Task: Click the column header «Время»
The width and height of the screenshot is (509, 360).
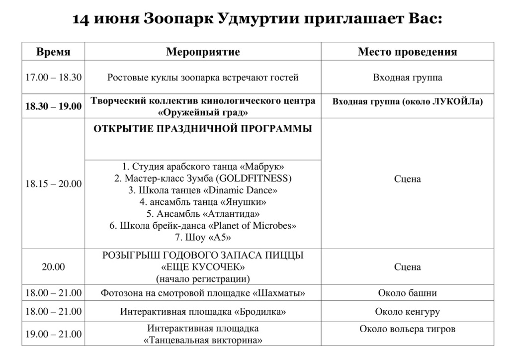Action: click(x=53, y=52)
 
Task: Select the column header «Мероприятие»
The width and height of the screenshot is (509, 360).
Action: click(x=203, y=52)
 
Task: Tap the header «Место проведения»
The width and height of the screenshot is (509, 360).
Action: click(x=407, y=52)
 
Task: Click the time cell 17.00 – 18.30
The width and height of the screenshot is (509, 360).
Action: click(x=53, y=78)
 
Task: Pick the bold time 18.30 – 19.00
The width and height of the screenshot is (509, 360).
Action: click(x=53, y=106)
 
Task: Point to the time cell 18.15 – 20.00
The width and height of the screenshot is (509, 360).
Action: click(x=53, y=184)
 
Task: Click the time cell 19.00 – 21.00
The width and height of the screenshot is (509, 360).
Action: click(x=53, y=335)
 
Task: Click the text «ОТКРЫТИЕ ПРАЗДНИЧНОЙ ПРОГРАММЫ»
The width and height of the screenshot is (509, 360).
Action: click(x=203, y=129)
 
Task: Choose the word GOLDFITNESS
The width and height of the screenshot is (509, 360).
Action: click(x=256, y=179)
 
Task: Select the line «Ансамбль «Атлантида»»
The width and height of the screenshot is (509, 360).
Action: click(x=203, y=214)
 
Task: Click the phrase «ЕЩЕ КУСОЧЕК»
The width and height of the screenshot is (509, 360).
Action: click(x=203, y=267)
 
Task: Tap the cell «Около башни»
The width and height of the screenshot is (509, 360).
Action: click(x=407, y=293)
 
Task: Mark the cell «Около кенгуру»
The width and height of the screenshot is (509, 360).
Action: click(x=407, y=312)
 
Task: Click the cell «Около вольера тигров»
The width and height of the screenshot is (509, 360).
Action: click(x=407, y=329)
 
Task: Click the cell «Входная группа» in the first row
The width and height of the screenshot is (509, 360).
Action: click(x=407, y=78)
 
